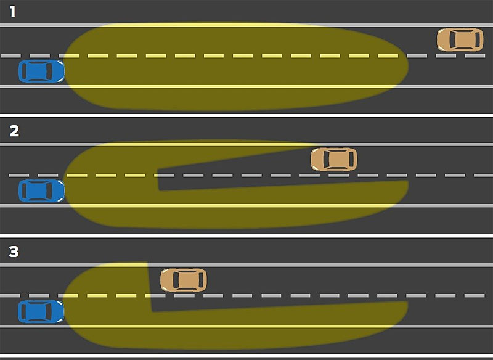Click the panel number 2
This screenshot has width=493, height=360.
[x=14, y=131]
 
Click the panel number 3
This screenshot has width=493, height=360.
[x=14, y=252]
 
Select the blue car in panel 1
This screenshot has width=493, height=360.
[x=41, y=72]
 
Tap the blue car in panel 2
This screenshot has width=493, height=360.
[x=41, y=191]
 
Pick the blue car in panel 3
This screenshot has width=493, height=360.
[x=41, y=311]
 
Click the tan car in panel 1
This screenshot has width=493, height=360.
[x=460, y=39]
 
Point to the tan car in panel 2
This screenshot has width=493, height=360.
[x=333, y=159]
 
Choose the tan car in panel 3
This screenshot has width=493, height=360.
[x=183, y=279]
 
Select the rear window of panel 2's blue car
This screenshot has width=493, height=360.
[x=26, y=191]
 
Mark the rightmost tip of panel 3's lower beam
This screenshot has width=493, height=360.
[x=407, y=306]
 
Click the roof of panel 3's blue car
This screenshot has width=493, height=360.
[x=39, y=311]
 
